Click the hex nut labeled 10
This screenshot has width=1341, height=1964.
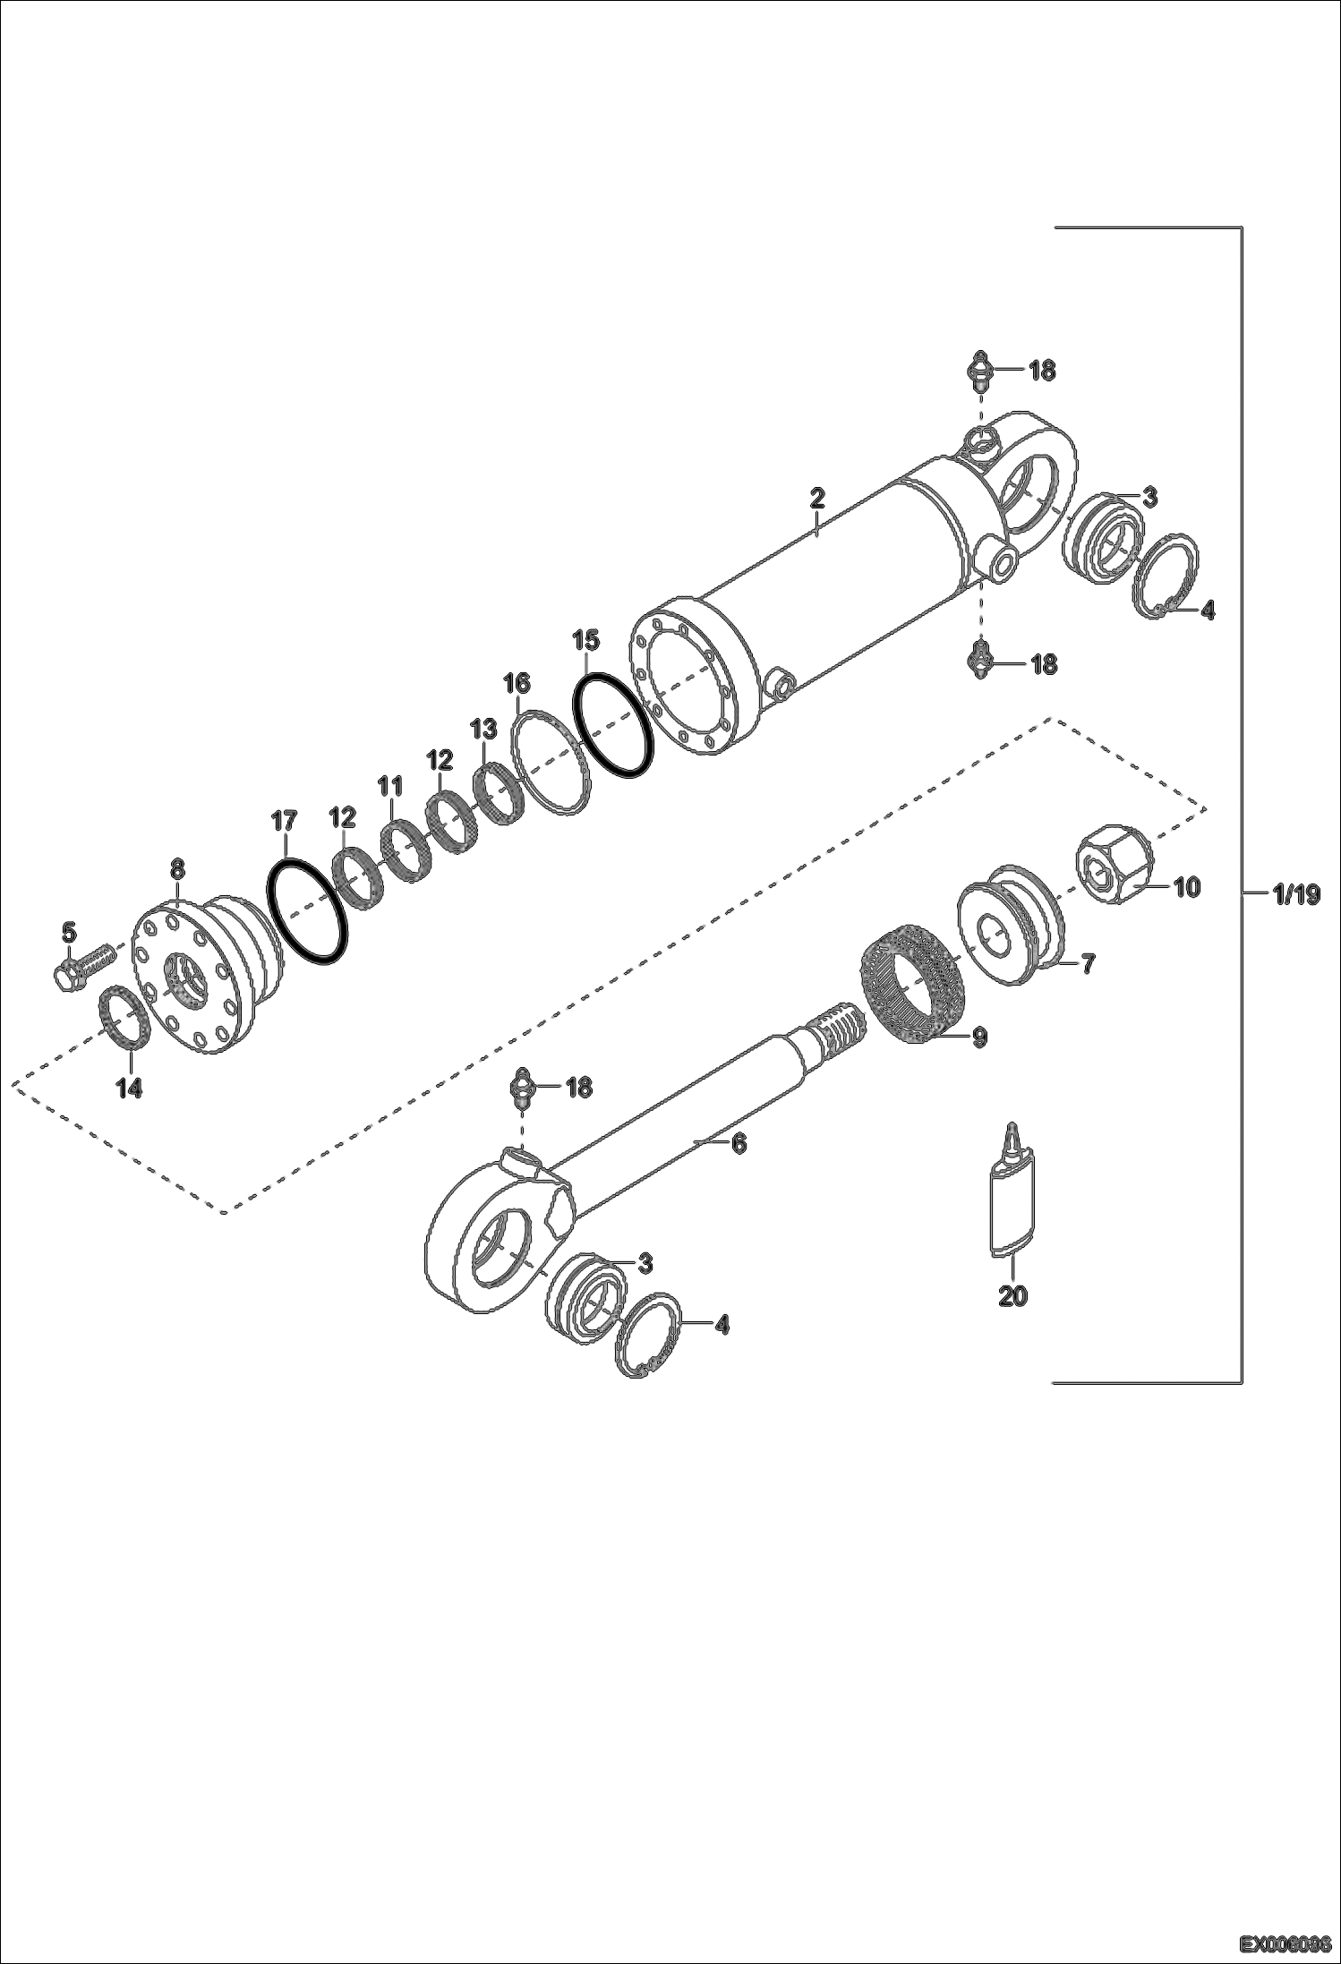point(1113,863)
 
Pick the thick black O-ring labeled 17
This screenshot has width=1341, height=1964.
point(307,910)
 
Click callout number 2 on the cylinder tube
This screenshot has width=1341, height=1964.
point(816,499)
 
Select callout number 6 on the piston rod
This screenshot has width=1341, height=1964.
point(739,1143)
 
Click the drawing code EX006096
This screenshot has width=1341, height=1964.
point(1286,1944)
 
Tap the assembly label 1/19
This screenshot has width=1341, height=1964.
point(1294,893)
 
